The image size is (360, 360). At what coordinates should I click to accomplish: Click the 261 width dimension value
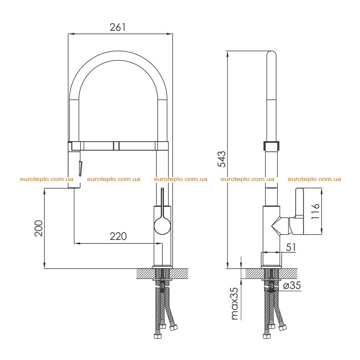coord(118,27)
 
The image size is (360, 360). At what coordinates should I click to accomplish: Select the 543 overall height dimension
coord(222,159)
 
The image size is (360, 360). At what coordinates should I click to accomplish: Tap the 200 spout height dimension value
coord(39,228)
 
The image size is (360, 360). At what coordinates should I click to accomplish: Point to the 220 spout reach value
coord(118,236)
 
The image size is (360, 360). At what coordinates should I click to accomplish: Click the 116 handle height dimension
coord(315,211)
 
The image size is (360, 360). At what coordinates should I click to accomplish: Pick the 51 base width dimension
coord(291,247)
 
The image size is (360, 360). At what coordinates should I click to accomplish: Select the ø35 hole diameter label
coord(292,285)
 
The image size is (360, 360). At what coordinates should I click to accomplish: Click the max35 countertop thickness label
coord(234,303)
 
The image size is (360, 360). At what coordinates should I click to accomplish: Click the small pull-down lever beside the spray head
coord(81,169)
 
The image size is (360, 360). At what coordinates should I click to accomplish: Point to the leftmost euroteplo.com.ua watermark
coord(47,179)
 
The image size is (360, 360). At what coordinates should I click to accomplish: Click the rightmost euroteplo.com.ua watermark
coord(314,179)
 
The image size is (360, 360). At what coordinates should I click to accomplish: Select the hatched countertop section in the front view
coord(162,273)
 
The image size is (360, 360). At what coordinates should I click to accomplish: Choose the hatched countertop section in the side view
coord(271,273)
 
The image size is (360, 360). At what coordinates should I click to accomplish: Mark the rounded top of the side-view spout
coord(271,54)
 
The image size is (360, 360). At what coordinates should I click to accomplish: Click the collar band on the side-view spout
coord(271,146)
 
